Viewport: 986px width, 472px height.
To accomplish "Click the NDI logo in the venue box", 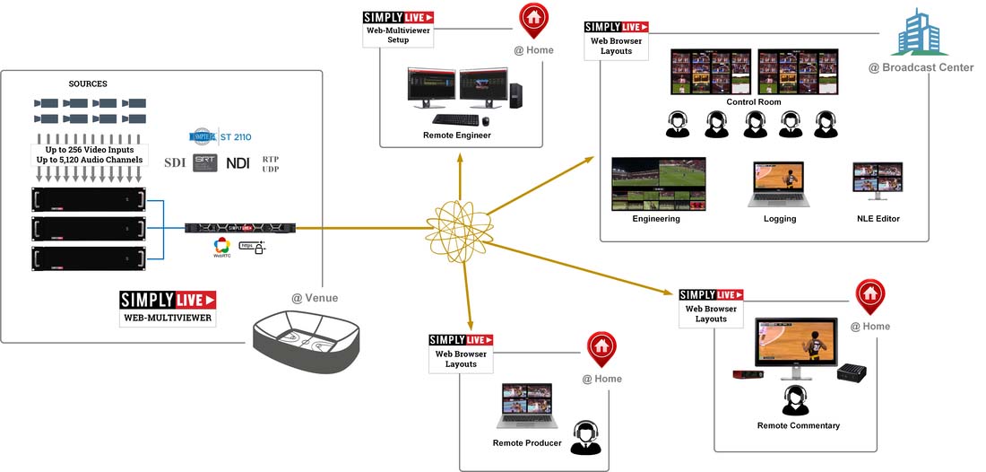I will pos(238,163).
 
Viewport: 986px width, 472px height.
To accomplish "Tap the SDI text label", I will pos(174,162).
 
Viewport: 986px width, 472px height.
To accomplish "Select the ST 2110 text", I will pos(236,137).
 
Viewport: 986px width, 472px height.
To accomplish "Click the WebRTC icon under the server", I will pos(221,247).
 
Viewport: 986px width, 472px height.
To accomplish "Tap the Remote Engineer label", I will pos(457,135).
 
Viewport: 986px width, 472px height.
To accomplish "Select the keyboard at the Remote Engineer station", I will pos(454,119).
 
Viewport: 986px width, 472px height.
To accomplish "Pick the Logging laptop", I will pos(778,185).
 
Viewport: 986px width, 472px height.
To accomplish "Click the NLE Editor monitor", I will pos(878,181).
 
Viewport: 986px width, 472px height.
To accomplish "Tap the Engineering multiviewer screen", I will pos(658,184).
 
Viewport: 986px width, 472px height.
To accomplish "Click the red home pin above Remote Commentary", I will pos(869,295).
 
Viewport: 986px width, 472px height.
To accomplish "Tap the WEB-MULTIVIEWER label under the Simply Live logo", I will pos(169,317).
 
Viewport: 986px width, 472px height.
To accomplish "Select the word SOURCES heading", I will pos(88,84).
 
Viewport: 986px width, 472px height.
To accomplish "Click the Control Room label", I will pos(754,102).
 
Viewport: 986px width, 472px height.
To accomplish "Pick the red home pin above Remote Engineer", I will pos(533,17).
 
